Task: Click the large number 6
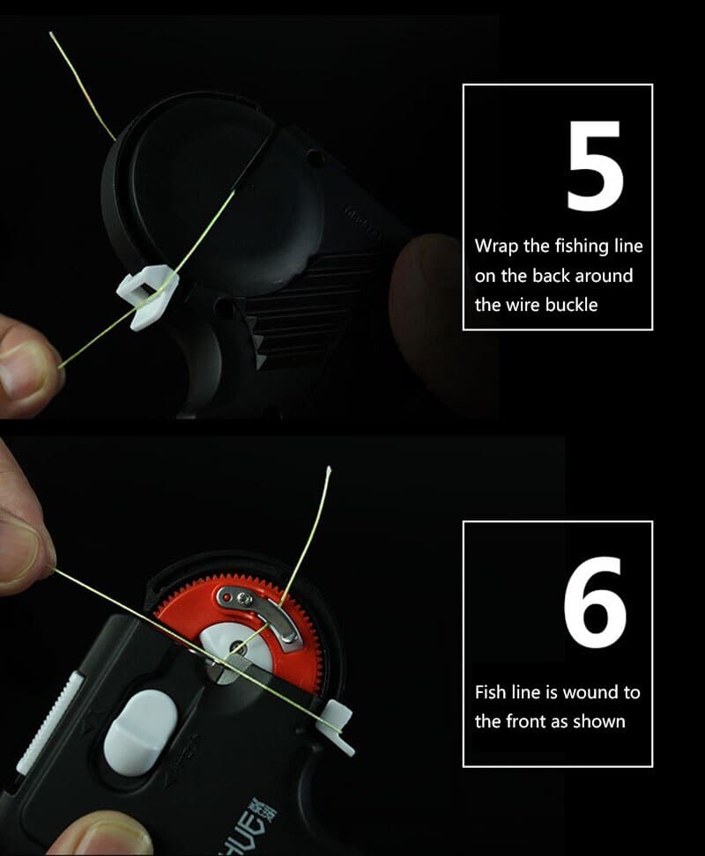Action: (x=595, y=602)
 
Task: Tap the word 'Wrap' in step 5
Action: (x=496, y=247)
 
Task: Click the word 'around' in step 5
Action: (x=604, y=276)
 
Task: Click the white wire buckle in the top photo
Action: (x=147, y=295)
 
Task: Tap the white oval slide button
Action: (x=140, y=733)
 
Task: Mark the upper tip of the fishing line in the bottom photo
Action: (x=329, y=468)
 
